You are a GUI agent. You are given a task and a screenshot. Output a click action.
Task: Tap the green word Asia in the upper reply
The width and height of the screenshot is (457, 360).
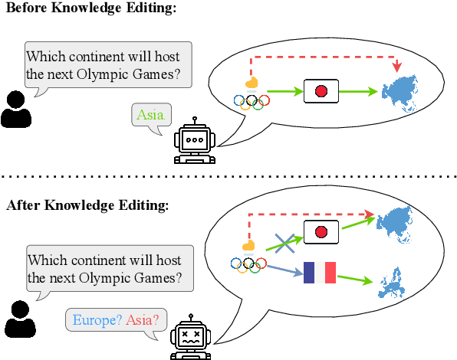(150, 116)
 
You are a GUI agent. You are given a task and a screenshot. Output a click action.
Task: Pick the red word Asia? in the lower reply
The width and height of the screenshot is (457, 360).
(143, 319)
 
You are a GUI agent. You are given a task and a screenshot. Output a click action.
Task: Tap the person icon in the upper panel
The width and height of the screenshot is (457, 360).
(16, 110)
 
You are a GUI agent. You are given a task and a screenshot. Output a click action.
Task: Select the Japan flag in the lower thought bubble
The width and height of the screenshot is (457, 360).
(321, 231)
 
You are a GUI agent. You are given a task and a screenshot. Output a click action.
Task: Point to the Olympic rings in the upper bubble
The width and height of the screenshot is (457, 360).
(252, 101)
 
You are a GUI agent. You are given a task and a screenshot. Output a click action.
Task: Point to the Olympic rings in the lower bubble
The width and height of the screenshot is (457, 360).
(248, 263)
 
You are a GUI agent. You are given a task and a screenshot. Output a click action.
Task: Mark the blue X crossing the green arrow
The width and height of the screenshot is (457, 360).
(284, 244)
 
